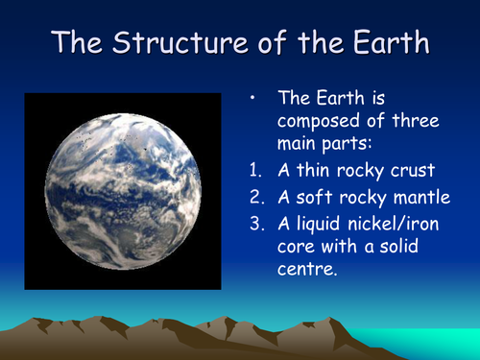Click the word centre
[309, 271]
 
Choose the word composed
[321, 122]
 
